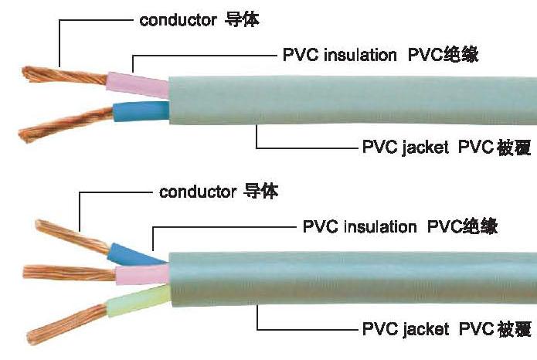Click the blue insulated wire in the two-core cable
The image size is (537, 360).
click(139, 112)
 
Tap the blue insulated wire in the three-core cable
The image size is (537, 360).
click(127, 253)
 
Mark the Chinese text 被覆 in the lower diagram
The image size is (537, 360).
click(514, 329)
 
